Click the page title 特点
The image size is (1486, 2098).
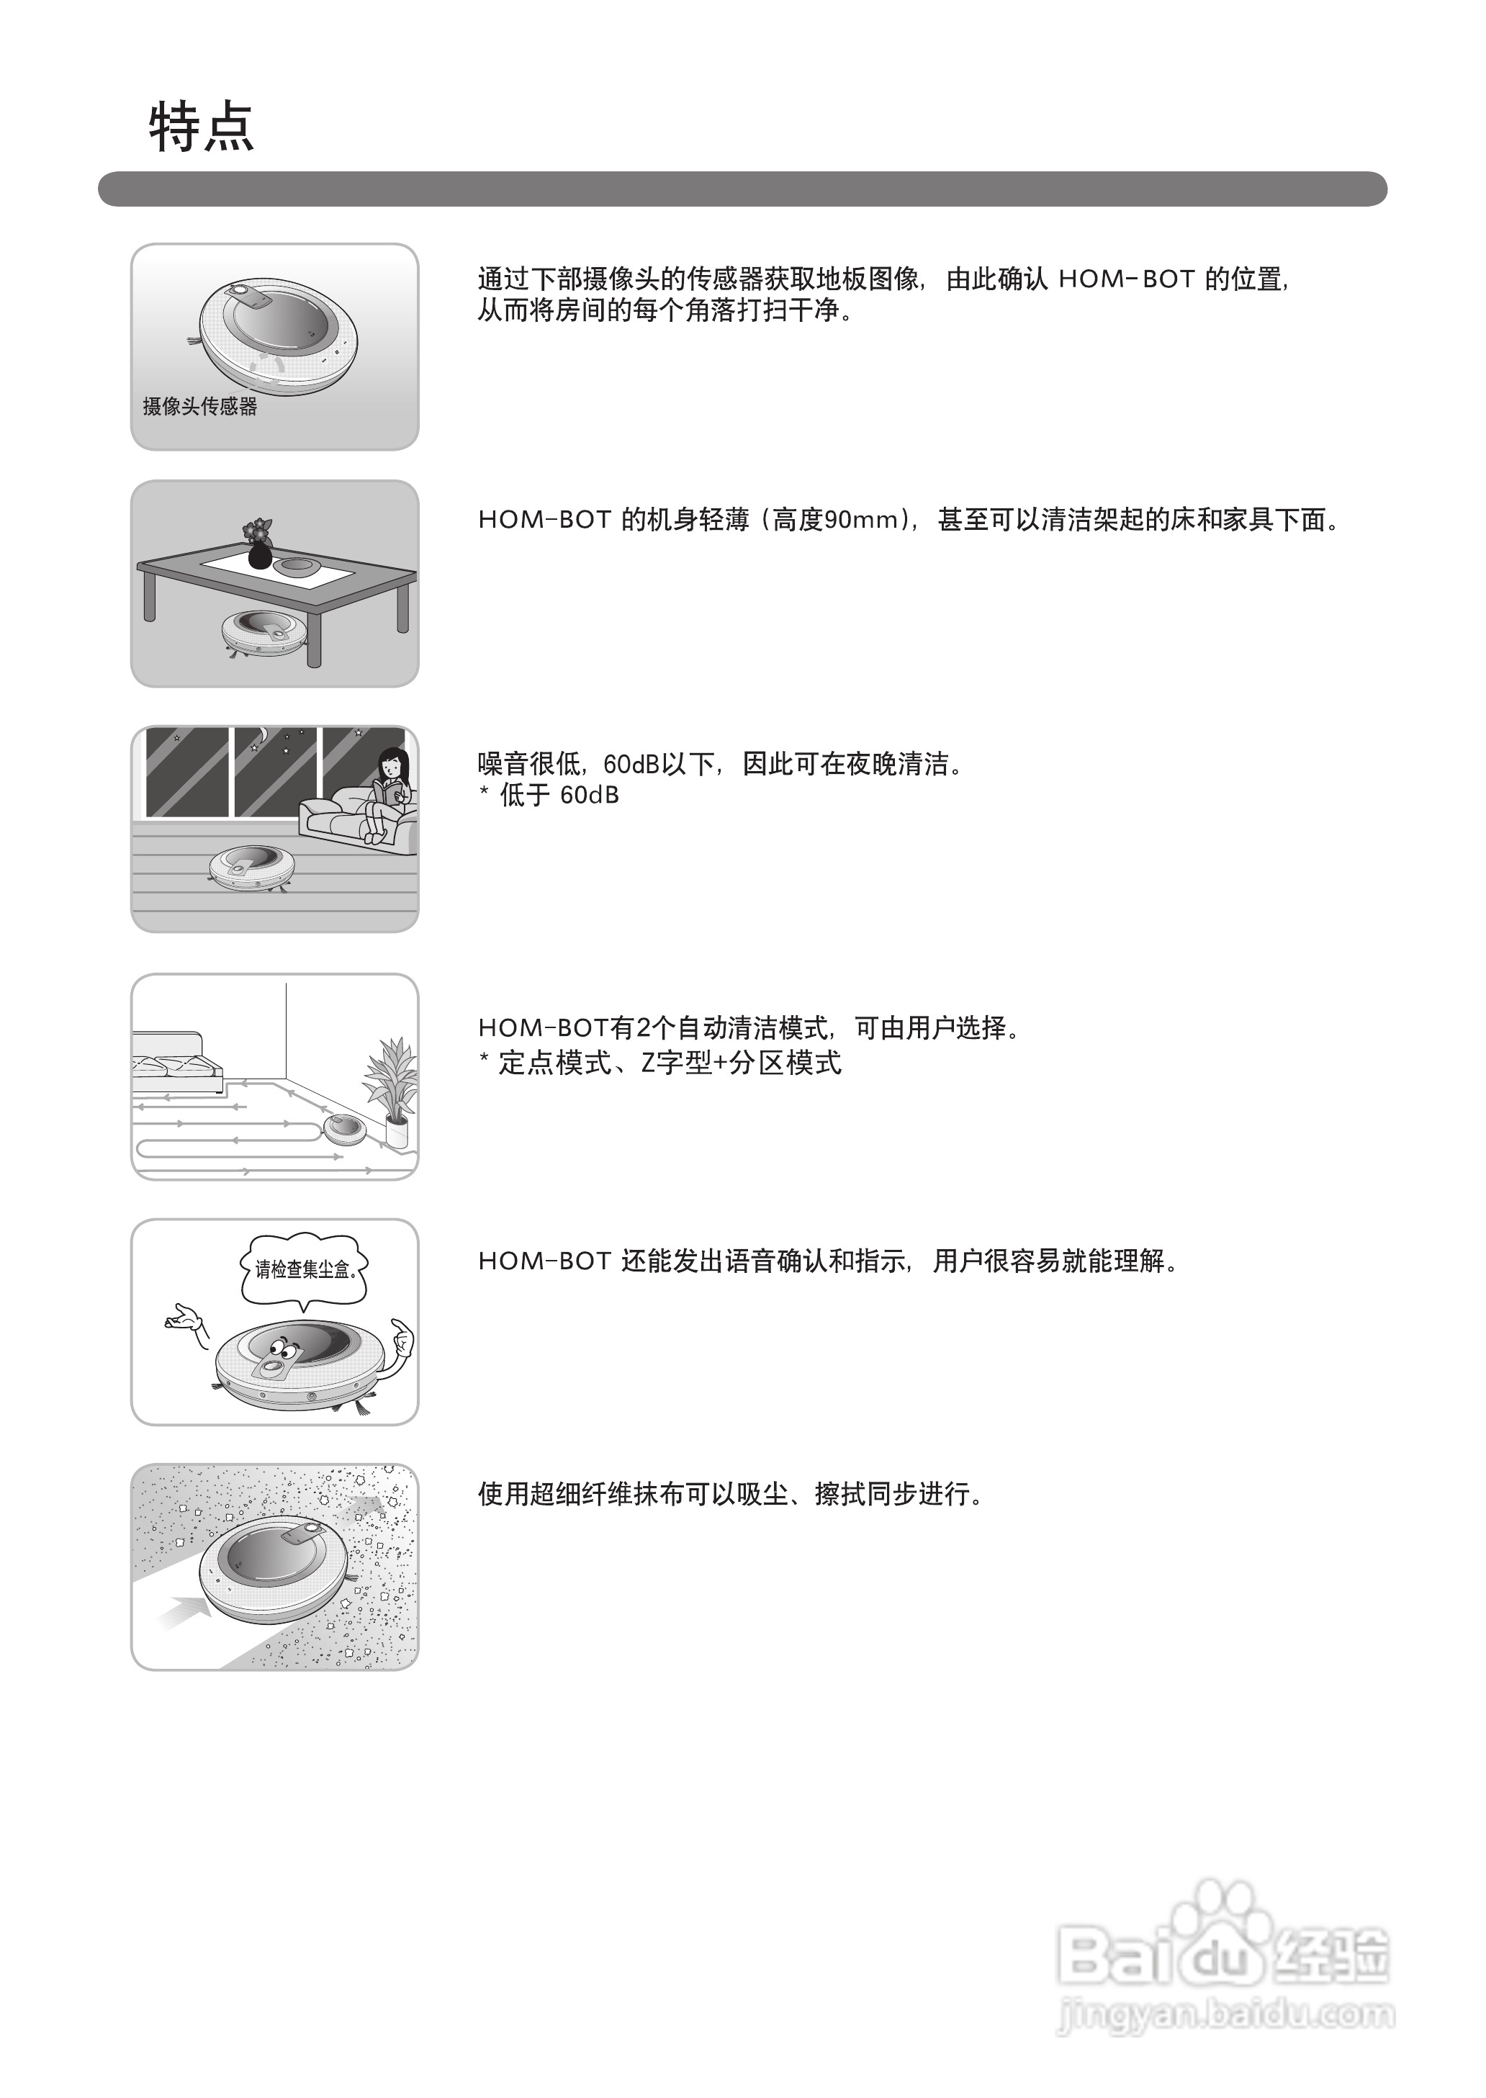click(x=202, y=127)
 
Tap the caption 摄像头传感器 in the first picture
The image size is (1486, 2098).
click(x=199, y=406)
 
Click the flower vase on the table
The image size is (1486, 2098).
click(x=260, y=544)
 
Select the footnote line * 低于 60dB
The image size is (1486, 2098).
click(x=549, y=795)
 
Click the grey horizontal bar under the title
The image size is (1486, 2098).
click(x=742, y=189)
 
